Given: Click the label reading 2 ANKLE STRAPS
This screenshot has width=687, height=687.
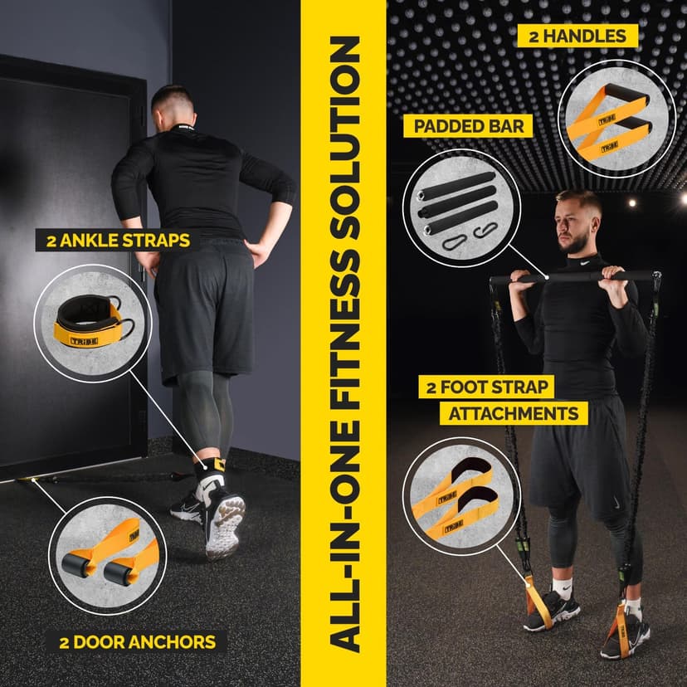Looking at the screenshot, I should click(x=114, y=241).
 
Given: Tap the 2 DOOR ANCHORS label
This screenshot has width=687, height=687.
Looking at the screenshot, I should click(x=138, y=641).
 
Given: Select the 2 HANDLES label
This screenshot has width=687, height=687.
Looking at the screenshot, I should click(x=572, y=36).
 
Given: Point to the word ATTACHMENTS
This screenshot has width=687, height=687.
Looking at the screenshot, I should click(x=514, y=412).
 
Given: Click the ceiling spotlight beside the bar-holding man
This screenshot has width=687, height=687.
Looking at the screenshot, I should click(x=632, y=201).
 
